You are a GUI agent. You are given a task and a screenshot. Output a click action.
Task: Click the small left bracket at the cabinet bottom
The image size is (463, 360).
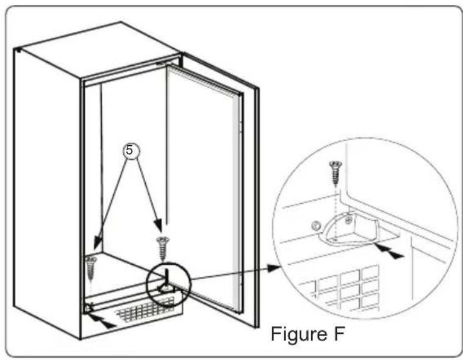point(90,308)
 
